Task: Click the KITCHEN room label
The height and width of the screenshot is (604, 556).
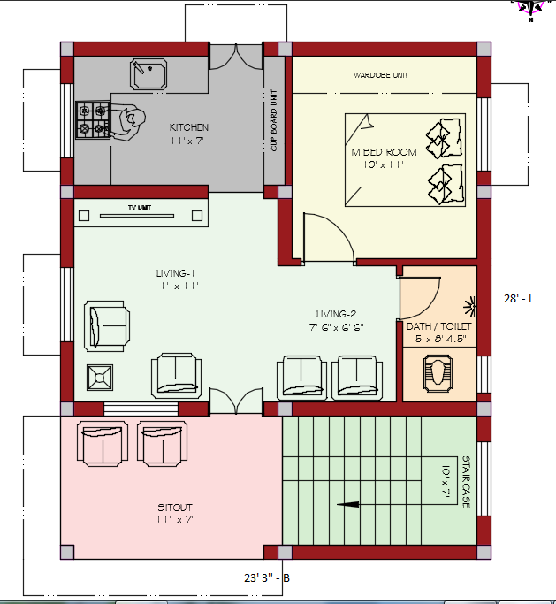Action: click(189, 127)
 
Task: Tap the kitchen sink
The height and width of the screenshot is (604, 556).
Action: click(149, 74)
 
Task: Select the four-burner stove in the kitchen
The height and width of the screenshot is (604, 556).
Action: click(91, 120)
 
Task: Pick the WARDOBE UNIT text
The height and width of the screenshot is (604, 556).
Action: click(381, 75)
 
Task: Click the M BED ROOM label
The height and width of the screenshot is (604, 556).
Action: click(384, 152)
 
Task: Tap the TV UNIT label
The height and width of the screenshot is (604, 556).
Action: click(139, 207)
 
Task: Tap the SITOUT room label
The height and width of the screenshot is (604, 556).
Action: click(175, 507)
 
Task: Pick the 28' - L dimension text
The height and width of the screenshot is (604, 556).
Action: click(520, 299)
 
